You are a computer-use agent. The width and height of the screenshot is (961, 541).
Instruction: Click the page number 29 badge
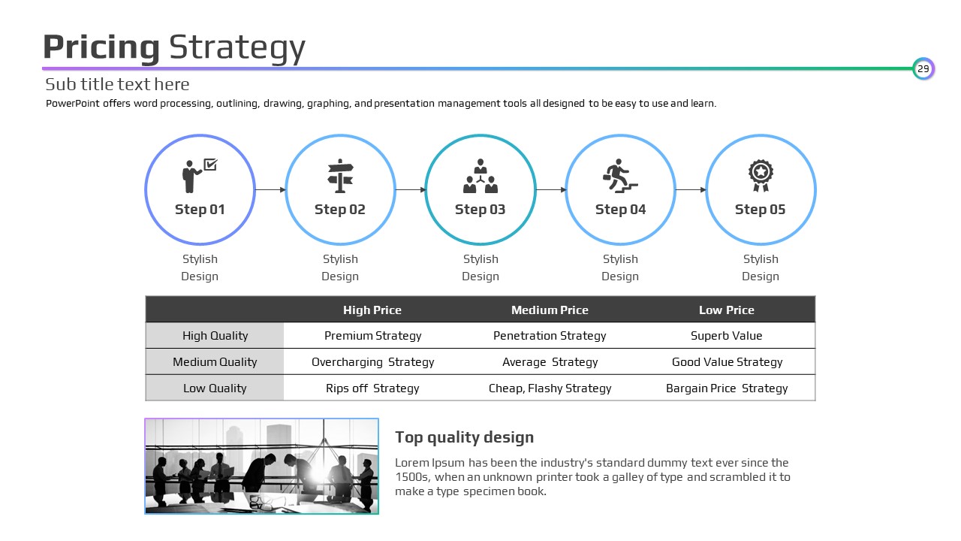pos(923,68)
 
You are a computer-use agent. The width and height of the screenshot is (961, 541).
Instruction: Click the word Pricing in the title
pos(101,48)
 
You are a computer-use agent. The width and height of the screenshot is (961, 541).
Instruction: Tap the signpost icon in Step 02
pos(340,176)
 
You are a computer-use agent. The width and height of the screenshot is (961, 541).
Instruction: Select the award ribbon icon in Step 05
pos(761,176)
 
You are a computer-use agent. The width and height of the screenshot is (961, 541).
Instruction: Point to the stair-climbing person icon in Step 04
pos(620,176)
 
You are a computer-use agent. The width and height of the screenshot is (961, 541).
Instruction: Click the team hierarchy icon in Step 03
pos(480,176)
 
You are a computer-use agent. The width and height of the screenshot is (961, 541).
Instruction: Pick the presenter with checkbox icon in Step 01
pos(200,176)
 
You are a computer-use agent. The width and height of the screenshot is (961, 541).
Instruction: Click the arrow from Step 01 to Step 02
pos(270,190)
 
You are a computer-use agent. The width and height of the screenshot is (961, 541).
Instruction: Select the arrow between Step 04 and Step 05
pos(691,190)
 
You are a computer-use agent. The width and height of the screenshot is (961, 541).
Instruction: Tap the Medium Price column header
pos(550,310)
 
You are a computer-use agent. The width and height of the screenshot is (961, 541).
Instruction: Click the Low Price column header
pos(726,310)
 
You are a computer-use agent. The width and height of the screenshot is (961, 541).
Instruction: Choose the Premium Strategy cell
pos(373,336)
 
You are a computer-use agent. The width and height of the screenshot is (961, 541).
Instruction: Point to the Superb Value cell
pos(726,336)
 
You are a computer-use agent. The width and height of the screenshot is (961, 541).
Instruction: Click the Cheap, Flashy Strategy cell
pos(550,388)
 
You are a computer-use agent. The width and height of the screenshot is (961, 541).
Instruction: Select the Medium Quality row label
pos(215,362)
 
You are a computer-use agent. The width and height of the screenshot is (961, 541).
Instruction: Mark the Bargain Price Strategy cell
pos(727,388)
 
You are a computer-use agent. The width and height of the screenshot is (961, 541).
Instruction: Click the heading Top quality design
pos(464,437)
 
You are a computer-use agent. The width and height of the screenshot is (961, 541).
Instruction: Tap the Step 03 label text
pos(480,210)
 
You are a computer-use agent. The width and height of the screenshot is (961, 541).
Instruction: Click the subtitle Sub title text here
pos(117,85)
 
